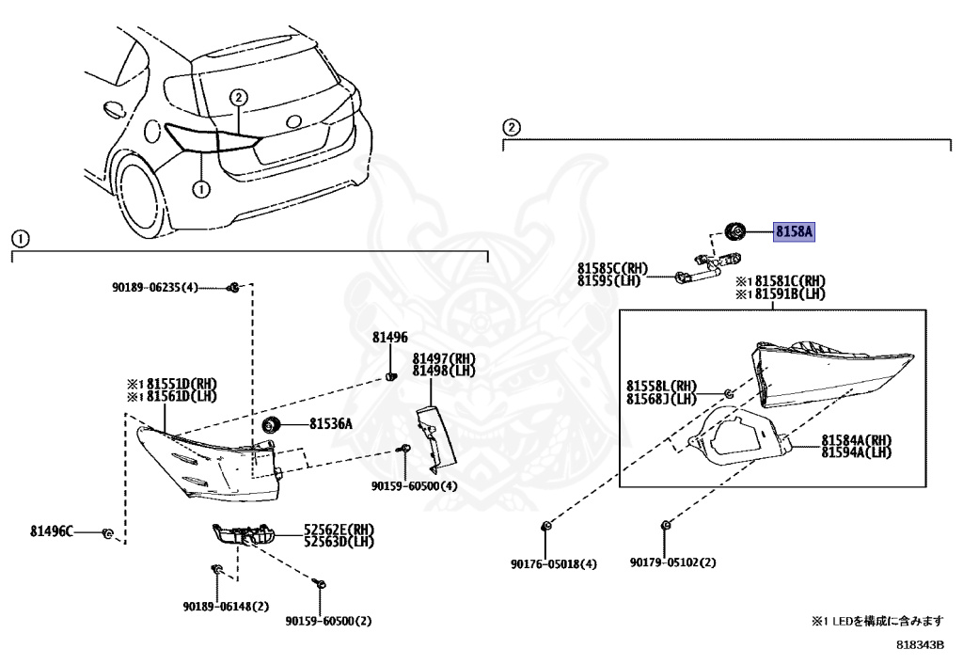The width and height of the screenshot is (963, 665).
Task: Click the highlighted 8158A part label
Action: point(794,230)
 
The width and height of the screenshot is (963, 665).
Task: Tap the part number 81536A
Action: point(330,424)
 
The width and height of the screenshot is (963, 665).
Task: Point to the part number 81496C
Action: point(51,531)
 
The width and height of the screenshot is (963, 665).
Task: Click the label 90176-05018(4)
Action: point(554,564)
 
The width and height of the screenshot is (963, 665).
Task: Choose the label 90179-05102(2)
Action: point(673,564)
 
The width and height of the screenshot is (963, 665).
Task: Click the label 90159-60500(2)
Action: point(329,621)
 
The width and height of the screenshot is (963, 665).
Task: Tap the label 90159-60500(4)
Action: point(414,486)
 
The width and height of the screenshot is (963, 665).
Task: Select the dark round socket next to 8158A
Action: point(736,230)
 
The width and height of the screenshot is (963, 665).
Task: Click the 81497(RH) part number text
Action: point(444,359)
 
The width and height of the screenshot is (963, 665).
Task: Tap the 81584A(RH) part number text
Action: point(856,440)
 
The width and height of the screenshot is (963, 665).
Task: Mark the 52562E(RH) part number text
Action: point(338,530)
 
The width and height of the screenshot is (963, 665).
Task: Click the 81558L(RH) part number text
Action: point(662,386)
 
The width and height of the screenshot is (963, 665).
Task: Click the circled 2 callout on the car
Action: point(239,97)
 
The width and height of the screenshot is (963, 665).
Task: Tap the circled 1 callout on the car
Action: point(199,188)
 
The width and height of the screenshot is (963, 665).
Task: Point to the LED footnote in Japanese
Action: point(876,622)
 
